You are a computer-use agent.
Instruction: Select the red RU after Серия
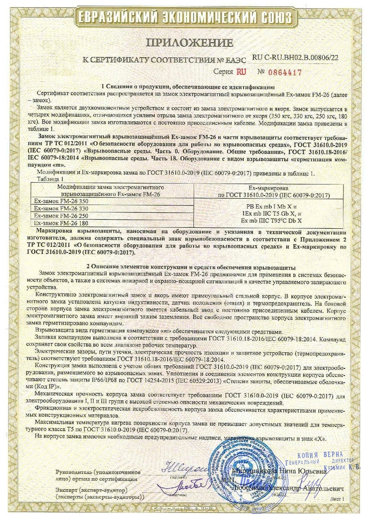[241, 72]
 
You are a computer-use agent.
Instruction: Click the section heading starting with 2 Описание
[185, 266]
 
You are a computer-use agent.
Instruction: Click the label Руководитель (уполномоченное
[98, 472]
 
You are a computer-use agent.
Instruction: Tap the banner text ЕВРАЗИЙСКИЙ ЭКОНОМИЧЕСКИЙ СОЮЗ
[185, 17]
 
